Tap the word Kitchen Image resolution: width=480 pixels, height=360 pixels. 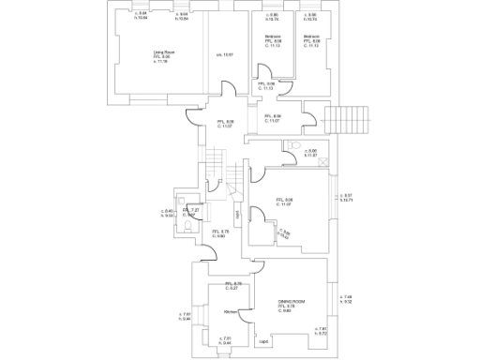[229, 311]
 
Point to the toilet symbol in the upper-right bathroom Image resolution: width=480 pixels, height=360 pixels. [295, 146]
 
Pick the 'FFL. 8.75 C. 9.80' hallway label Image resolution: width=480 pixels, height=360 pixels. [217, 233]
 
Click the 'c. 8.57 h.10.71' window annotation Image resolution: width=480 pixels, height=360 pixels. [345, 198]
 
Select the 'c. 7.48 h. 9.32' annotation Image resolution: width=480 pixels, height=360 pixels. [347, 300]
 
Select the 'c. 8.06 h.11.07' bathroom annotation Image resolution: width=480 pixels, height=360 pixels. [311, 153]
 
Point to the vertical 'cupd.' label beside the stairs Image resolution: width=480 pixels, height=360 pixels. [238, 214]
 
